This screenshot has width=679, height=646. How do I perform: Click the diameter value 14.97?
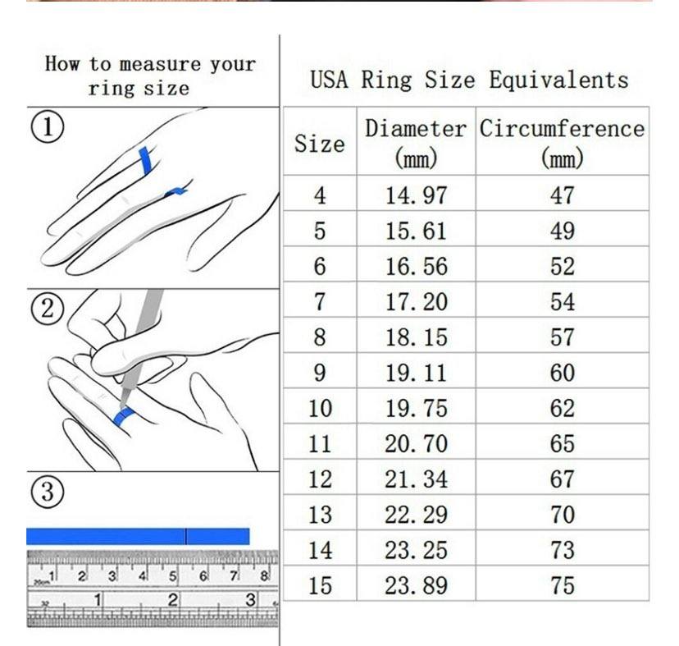tap(417, 195)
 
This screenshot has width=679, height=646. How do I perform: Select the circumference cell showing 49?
tap(562, 231)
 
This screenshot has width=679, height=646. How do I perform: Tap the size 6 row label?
tap(319, 267)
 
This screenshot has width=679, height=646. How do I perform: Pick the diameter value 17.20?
tap(417, 302)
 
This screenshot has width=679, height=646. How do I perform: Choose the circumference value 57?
tap(562, 337)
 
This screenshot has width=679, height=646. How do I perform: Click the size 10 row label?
tap(319, 409)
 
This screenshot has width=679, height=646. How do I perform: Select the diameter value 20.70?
tap(417, 444)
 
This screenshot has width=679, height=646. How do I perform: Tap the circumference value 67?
tap(562, 479)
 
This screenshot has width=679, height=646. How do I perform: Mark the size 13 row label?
tap(319, 515)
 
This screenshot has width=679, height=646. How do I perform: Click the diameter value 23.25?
tap(417, 550)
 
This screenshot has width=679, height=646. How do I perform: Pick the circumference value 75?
tap(562, 586)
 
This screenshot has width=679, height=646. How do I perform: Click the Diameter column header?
tap(416, 141)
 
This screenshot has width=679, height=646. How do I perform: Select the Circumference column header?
tap(562, 141)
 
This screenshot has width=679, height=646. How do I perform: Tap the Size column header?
tap(319, 144)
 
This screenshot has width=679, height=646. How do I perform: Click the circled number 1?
tap(48, 128)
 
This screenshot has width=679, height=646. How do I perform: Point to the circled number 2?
tap(48, 309)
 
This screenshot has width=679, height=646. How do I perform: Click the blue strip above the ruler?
tap(138, 536)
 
